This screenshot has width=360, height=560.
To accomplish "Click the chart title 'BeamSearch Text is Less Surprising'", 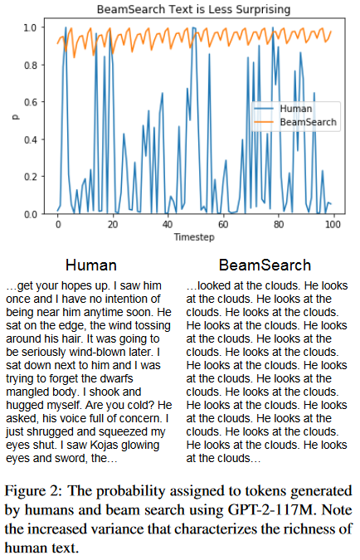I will (x=194, y=10).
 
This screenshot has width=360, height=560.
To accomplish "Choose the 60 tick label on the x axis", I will (x=222, y=225).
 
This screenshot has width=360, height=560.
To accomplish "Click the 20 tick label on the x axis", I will (x=113, y=225).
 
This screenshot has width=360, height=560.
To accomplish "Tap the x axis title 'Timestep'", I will (x=194, y=236).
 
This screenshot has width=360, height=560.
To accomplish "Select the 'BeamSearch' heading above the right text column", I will (x=265, y=265).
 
